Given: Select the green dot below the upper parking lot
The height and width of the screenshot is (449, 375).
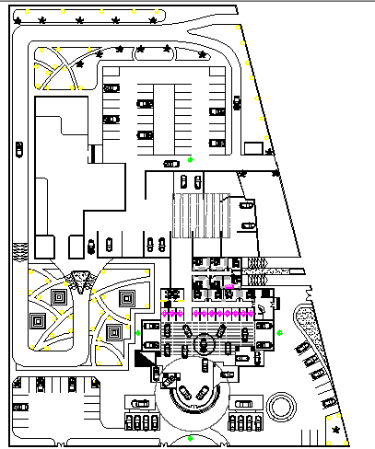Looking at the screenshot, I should [191, 161].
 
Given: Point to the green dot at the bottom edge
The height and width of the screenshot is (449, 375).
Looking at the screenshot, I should [187, 438].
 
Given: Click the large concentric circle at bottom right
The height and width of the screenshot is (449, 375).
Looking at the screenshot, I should [281, 405].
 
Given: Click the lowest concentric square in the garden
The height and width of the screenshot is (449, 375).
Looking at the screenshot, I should [114, 332].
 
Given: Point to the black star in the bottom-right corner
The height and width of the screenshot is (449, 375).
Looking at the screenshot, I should [336, 430].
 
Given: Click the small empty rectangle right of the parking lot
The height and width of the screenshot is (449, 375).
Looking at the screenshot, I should [254, 147].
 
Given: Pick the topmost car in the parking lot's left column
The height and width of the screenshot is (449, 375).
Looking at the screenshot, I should [111, 87].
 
